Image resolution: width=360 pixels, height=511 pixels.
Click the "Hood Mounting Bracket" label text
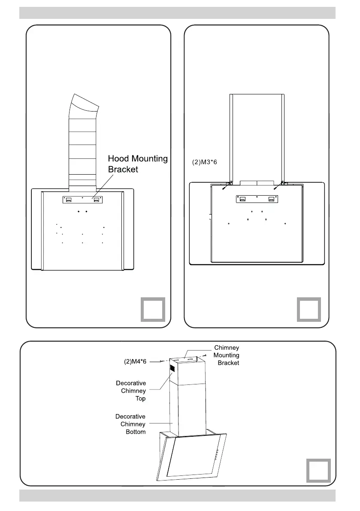[x=138, y=164]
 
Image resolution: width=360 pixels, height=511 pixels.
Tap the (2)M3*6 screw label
[x=206, y=163]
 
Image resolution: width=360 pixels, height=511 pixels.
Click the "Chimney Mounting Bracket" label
[x=226, y=355]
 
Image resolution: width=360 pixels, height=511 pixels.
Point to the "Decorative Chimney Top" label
[x=131, y=391]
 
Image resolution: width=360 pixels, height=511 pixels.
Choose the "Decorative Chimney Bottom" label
[x=130, y=424]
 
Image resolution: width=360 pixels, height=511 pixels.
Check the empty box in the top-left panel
[x=153, y=309]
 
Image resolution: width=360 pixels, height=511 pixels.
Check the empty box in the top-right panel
[x=309, y=309]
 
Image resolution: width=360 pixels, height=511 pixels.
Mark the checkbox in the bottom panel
[x=319, y=470]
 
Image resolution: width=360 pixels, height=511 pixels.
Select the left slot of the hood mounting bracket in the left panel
[x=69, y=200]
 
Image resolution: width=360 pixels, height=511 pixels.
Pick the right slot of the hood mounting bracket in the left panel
[x=97, y=200]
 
